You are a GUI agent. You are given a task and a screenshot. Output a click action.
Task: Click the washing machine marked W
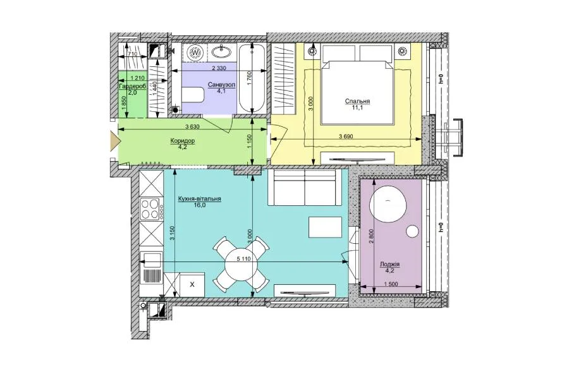pos(195,53)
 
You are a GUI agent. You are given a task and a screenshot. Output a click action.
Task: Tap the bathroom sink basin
pos(221,52)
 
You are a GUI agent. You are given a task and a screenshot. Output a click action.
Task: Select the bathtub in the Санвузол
pos(252,78)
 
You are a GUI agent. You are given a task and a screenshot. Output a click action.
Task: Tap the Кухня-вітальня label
pos(200,199)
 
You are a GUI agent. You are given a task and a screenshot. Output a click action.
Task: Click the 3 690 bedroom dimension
pos(346,136)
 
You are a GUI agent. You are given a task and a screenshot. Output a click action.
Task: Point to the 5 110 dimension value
pos(244,259)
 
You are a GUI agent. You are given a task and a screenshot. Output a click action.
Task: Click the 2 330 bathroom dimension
pos(219,68)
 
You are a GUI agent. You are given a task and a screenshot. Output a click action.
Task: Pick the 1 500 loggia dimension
pos(391,284)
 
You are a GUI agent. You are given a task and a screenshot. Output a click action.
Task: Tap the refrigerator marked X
pos(192,285)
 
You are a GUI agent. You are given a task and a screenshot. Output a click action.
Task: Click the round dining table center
pos(241,263)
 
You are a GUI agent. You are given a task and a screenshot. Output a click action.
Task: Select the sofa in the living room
pos(305,188)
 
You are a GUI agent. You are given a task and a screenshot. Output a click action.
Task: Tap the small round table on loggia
pos(413,231)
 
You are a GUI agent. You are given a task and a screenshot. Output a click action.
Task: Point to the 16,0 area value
pos(199,205)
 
